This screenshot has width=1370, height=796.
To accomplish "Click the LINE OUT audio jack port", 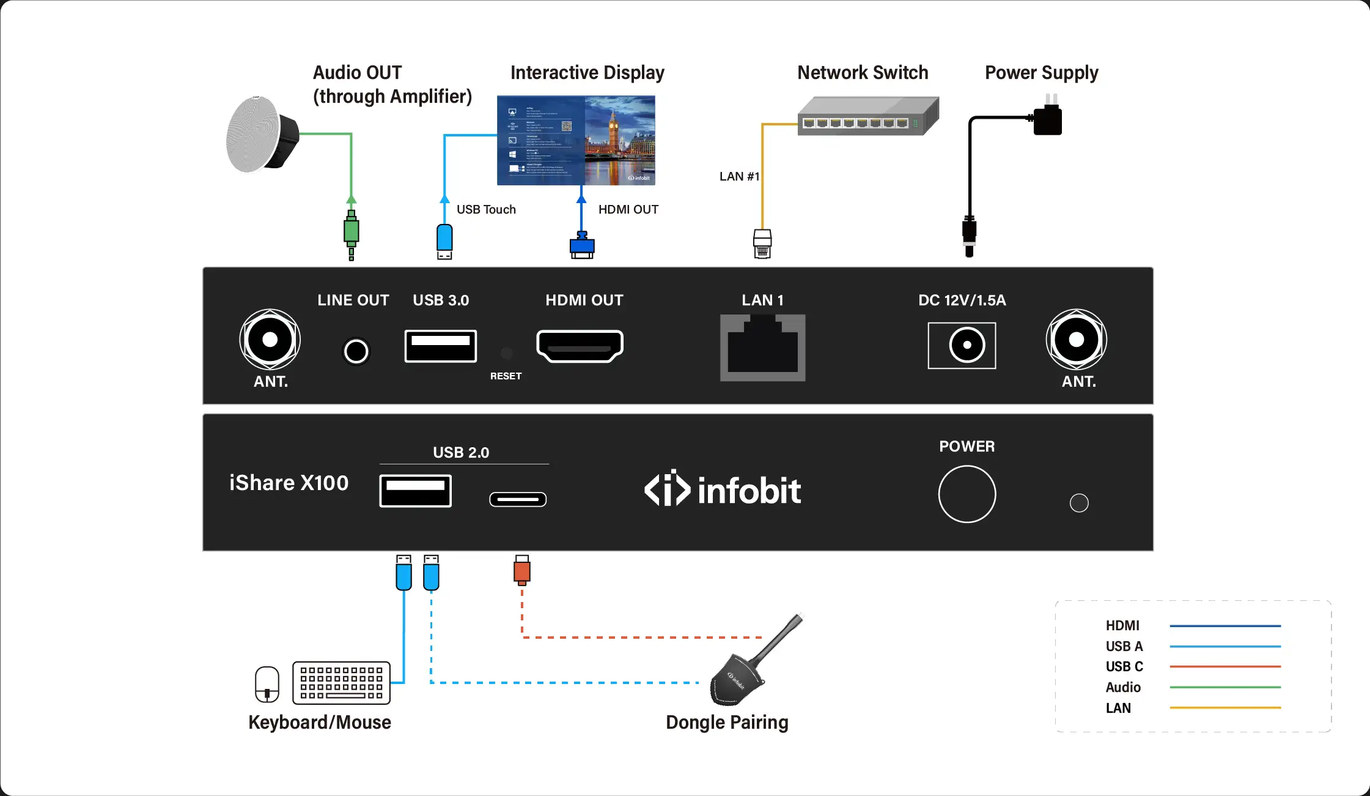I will tap(356, 351).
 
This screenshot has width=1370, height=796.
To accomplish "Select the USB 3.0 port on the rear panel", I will tap(440, 345).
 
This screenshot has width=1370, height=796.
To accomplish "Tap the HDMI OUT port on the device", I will tap(580, 346).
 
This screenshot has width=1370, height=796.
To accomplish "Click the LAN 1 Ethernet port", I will tap(762, 347).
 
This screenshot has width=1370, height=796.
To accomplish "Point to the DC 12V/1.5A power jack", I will tap(962, 345).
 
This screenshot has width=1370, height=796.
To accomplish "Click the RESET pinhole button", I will tap(506, 353).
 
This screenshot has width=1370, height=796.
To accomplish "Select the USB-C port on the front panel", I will tap(518, 499).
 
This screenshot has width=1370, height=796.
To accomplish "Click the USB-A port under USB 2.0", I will tap(415, 490).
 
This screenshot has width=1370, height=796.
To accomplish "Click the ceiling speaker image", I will tap(261, 135).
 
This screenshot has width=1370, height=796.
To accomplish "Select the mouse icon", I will tap(267, 684).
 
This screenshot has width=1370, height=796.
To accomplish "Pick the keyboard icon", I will tap(341, 682).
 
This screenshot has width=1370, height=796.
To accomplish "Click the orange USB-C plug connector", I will tap(521, 570).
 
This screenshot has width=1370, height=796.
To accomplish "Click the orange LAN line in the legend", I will tap(1225, 708).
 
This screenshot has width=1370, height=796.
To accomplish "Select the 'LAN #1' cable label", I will tap(739, 176).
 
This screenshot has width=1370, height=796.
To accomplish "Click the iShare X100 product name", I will tap(289, 483).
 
